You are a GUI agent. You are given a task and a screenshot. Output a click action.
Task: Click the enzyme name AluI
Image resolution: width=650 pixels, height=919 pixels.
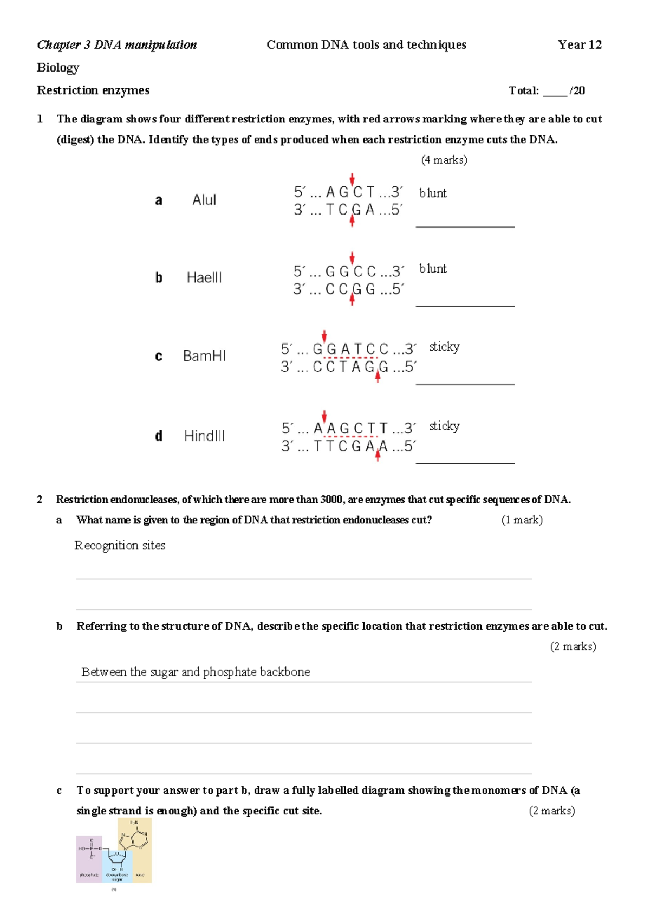point(204,200)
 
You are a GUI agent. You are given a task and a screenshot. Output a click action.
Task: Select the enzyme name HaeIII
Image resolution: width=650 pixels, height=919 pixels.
point(204,278)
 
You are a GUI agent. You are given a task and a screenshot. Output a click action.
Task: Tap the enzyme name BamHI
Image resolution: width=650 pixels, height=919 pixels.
point(204,356)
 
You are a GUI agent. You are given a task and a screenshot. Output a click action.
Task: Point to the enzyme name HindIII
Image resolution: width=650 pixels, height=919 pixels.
point(204,436)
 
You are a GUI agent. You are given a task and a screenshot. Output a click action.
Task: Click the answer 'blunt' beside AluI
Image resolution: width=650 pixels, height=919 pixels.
point(433,193)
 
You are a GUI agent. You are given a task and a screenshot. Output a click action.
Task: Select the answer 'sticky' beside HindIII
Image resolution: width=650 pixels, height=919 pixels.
point(444,426)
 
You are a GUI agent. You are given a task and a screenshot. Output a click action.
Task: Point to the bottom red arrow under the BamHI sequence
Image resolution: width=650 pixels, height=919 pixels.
point(378,378)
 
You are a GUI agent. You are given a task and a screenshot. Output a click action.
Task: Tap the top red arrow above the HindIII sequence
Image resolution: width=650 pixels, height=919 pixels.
point(324,416)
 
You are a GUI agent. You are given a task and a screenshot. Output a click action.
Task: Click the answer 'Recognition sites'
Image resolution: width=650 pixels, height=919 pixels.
point(120,546)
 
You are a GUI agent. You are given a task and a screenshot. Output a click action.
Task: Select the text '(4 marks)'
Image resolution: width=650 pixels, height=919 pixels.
point(444,160)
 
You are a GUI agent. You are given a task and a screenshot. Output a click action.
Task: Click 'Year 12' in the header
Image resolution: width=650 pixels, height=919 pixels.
point(580,45)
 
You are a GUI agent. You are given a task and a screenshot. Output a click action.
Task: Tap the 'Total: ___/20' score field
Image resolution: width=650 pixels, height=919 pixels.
point(547,91)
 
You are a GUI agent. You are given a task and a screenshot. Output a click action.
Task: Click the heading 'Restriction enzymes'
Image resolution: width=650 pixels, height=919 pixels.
point(93,90)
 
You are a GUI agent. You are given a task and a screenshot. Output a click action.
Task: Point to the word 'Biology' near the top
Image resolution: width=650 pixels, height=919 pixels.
point(58,68)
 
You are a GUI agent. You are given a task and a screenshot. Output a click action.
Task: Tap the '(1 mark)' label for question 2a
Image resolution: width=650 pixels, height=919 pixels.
point(522,520)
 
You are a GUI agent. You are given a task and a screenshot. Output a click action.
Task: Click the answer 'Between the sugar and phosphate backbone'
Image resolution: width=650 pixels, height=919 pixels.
point(196,672)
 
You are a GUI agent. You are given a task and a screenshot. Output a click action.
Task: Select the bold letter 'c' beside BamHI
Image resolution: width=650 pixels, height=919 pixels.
point(159,357)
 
